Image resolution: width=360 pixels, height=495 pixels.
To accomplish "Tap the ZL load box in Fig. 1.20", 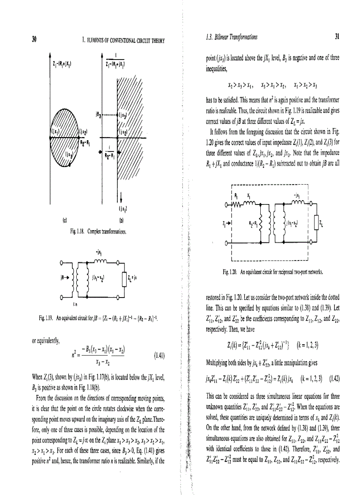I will pos(315,228).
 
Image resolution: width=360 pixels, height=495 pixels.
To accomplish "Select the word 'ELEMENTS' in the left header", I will pos(97,41).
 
